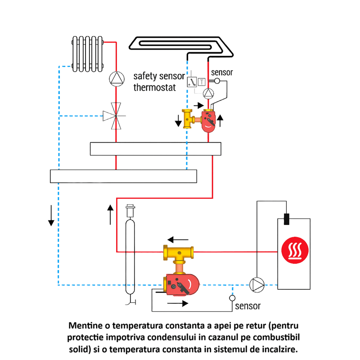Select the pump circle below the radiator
(116, 79)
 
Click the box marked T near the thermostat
(202, 82)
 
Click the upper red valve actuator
(208, 121)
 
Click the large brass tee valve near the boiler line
(179, 254)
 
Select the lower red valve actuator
(182, 285)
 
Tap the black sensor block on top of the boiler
(286, 220)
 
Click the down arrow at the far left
(51, 216)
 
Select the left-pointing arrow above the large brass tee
(178, 239)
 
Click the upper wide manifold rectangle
(155, 148)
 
